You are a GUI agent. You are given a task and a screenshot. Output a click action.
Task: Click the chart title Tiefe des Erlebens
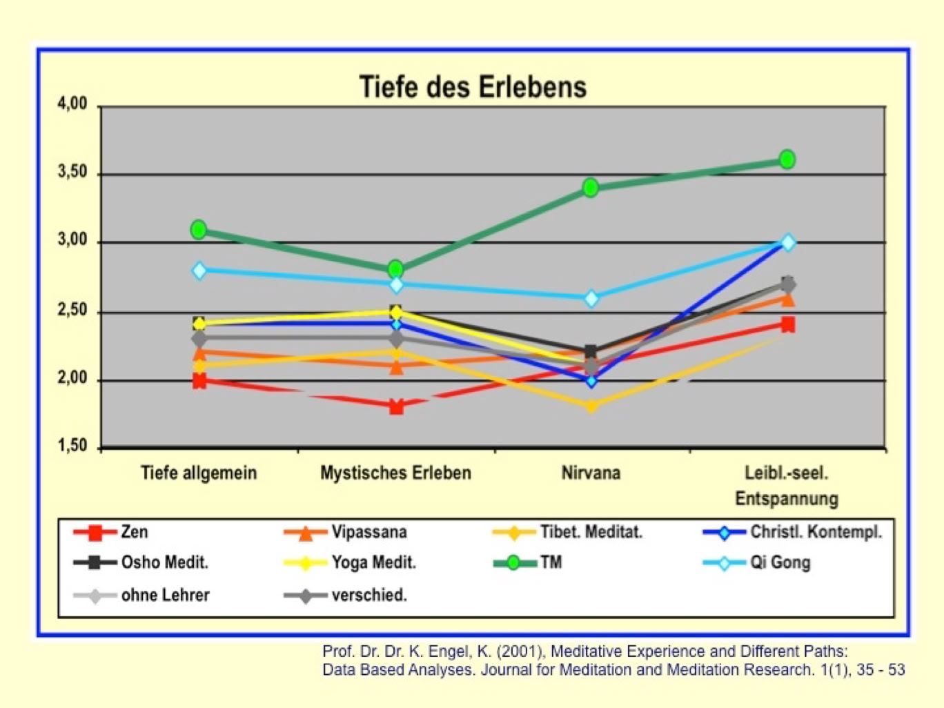[473, 88]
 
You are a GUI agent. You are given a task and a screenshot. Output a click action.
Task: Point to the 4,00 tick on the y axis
[73, 104]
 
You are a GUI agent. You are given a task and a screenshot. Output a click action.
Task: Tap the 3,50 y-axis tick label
[73, 173]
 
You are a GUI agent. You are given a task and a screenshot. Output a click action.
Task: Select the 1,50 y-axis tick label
[73, 446]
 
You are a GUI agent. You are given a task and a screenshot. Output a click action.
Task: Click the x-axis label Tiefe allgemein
[199, 473]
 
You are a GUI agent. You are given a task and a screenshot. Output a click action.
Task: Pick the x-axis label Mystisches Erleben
[395, 473]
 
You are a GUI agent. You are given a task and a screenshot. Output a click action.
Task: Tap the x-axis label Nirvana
[591, 473]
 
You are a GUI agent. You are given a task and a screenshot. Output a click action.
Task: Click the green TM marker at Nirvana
[591, 187]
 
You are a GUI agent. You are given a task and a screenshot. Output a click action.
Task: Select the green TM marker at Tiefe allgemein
[199, 229]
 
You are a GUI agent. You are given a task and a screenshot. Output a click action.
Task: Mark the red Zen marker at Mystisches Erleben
[396, 406]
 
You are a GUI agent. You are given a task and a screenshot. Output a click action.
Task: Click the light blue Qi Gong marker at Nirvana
[591, 299]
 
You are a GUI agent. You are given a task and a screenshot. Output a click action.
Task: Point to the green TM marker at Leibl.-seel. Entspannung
[787, 159]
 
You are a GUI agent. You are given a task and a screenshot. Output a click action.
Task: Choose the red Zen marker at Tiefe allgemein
[199, 380]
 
